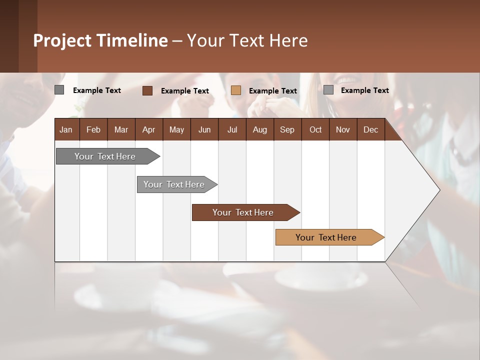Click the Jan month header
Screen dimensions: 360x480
(x=66, y=129)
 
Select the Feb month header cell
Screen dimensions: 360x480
(x=93, y=129)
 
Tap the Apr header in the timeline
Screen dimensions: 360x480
(x=148, y=129)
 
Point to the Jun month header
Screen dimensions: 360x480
(x=204, y=129)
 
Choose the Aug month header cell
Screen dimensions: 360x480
(x=259, y=129)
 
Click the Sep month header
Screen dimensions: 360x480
(x=287, y=129)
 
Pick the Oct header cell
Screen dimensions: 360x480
(x=315, y=129)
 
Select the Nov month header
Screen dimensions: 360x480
(x=343, y=129)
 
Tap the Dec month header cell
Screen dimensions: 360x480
(x=370, y=129)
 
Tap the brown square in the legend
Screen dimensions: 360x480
(x=147, y=90)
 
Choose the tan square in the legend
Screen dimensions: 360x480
(x=236, y=90)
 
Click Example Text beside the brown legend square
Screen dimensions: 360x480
(x=185, y=91)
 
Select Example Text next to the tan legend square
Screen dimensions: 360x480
(x=273, y=91)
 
